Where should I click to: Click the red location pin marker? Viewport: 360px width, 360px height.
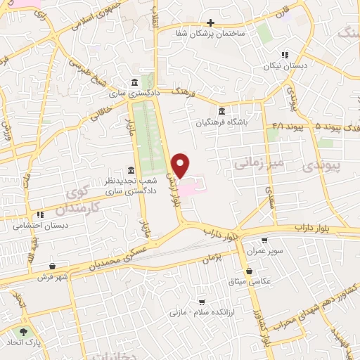(x=181, y=165)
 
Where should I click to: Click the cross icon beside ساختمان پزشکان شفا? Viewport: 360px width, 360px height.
(x=210, y=22)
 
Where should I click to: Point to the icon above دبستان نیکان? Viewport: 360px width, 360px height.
(x=285, y=54)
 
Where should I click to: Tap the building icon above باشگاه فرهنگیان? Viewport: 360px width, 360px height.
(x=222, y=111)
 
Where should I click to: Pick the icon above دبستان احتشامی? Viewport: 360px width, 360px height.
(x=40, y=214)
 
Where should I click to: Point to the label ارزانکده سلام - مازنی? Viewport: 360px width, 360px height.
(x=205, y=310)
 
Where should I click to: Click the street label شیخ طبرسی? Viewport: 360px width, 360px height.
(x=85, y=70)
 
